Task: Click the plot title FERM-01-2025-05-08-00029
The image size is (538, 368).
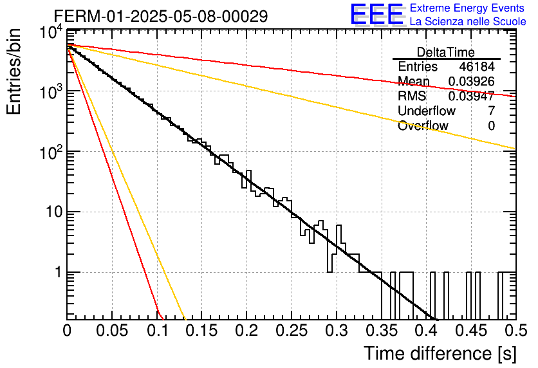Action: point(161,16)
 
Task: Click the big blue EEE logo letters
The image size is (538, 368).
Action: point(377,14)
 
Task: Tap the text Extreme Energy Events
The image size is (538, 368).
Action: point(467,8)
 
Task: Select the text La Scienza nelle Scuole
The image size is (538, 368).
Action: point(468,21)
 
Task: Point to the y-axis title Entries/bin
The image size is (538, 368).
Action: point(14,71)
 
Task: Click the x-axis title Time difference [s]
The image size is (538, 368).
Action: point(440,353)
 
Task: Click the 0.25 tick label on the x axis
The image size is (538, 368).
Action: point(292,331)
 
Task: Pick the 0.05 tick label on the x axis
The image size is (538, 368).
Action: point(112,331)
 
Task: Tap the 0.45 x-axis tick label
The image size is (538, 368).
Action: point(471,331)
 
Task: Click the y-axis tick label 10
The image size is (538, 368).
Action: point(55,212)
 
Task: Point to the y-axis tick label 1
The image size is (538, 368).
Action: point(59,272)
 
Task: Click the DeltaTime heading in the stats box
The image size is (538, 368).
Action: point(446,52)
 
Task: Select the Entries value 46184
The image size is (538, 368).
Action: point(477,66)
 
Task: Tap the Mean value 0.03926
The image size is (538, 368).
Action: point(472,81)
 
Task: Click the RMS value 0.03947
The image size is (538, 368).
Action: point(472,96)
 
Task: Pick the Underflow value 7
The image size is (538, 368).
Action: point(491,111)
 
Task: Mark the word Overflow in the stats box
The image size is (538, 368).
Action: point(423,125)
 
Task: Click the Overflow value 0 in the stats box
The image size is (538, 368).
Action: point(491,125)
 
